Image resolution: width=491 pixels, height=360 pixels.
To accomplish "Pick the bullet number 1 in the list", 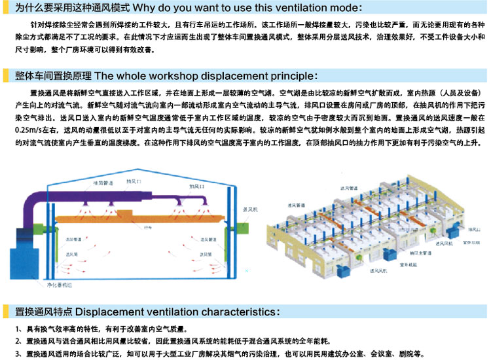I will coord(16,329).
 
